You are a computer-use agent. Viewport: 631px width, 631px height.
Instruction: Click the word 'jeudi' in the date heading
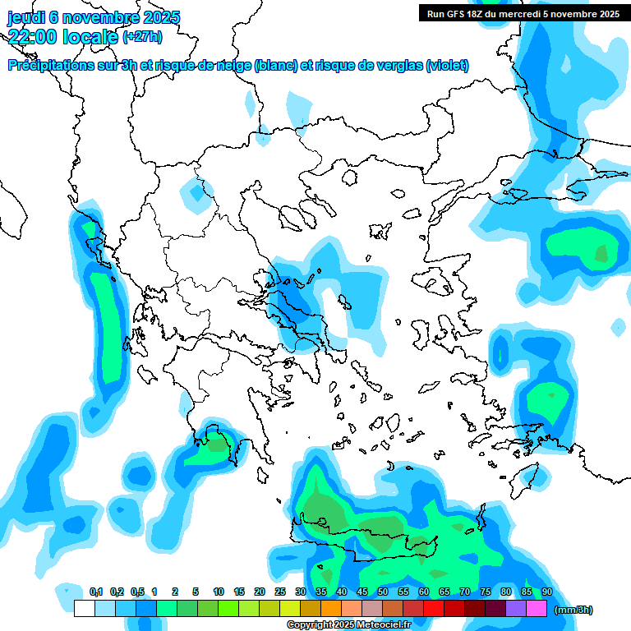click(x=27, y=17)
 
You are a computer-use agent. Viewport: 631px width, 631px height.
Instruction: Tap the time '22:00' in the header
click(x=32, y=36)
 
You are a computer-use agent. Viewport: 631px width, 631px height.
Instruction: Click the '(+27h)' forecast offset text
click(x=142, y=36)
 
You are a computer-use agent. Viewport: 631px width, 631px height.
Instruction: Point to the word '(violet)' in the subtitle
click(x=447, y=66)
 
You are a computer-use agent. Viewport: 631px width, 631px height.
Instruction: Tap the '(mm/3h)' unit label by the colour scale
click(x=573, y=610)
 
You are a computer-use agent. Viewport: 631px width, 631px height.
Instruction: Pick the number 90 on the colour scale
click(x=547, y=592)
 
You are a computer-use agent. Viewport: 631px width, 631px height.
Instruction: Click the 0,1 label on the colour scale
click(x=96, y=592)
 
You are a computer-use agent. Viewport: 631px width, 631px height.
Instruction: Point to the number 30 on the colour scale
click(x=301, y=592)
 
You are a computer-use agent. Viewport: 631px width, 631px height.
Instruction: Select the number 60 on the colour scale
click(x=424, y=592)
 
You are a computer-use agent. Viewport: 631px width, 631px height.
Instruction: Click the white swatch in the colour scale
click(x=85, y=608)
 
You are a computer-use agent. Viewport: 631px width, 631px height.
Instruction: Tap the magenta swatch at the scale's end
click(x=537, y=608)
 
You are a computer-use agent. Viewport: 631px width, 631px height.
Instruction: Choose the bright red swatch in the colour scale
click(x=434, y=608)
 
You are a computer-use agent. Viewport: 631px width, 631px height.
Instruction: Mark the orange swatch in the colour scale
click(x=331, y=608)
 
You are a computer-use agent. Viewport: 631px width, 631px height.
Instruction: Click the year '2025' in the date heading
click(x=161, y=17)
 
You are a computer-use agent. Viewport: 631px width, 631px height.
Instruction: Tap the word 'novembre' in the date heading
click(x=99, y=17)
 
